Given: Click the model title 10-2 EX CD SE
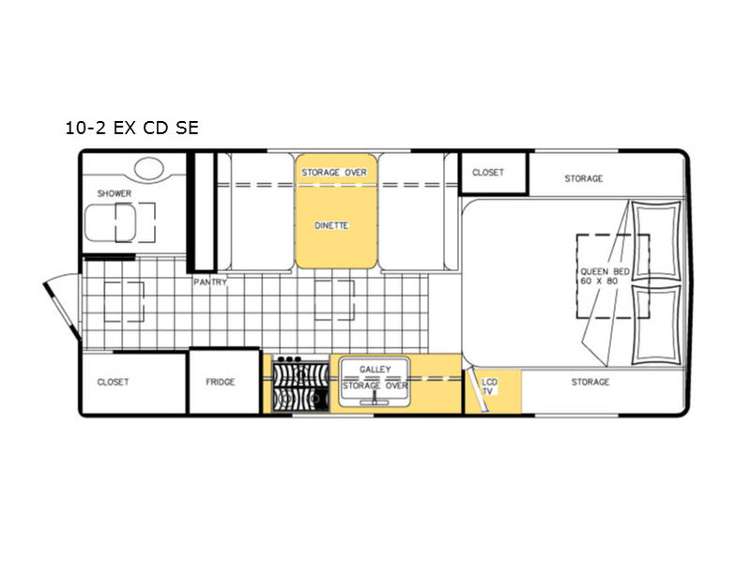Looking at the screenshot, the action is pos(131,128).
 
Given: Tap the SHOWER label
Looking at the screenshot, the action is pos(114,193).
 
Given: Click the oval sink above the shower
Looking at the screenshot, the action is pos(149,169).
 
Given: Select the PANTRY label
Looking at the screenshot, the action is pos(209,282).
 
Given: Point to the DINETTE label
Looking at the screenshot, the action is pos(331,225).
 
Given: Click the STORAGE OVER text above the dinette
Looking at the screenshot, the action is pos(334,173).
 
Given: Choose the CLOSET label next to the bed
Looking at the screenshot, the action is pos(488,173).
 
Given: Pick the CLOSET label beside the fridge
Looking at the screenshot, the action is pos(113,382).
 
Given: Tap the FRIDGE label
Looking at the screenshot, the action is pos(221,382).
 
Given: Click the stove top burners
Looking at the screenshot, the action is pos(300,384).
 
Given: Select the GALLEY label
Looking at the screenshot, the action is pos(375,370).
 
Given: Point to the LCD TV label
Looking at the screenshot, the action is pos(489,387).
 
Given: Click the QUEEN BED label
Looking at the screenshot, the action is pos(605,271).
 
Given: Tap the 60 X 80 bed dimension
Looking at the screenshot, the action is pos(599,281).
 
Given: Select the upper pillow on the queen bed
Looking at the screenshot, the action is pos(656,241).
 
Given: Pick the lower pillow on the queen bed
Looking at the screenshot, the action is pos(656,325).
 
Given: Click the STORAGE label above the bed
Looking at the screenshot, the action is pos(583,178).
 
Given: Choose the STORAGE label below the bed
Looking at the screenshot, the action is pos(590,382).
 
